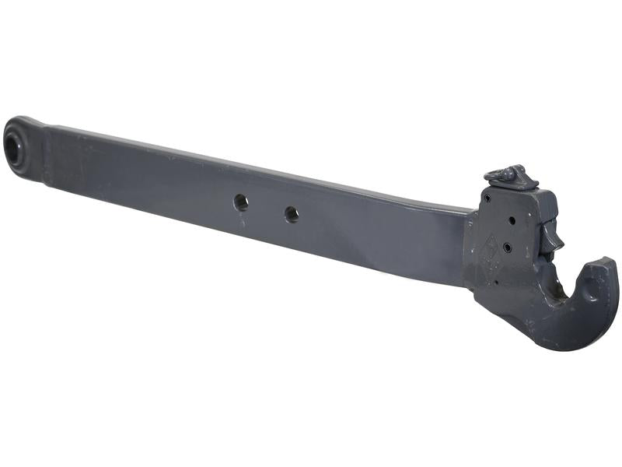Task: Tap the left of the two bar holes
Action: pos(241,202)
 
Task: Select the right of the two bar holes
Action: pos(292,213)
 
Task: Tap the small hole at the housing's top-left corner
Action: pos(487,198)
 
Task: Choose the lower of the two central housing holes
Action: pos(507,247)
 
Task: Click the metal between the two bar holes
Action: pos(267,208)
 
